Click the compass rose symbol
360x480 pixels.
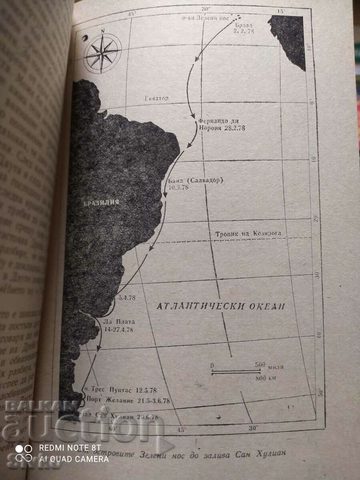(x=102, y=53)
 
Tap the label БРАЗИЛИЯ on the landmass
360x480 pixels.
(x=101, y=202)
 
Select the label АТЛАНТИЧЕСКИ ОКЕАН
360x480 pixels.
(x=220, y=307)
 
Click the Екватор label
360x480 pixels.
(x=156, y=98)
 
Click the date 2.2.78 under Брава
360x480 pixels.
(x=244, y=31)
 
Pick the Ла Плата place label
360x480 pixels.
(x=119, y=322)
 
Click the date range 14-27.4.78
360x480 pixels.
(x=118, y=329)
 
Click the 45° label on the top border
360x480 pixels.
(x=131, y=14)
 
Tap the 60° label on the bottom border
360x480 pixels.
(x=114, y=429)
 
